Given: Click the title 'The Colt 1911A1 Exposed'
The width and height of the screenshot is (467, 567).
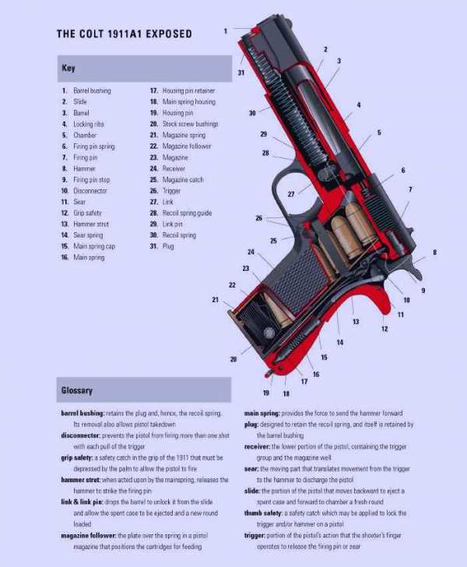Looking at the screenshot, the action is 124,33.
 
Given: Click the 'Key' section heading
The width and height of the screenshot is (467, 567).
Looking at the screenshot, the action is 68,68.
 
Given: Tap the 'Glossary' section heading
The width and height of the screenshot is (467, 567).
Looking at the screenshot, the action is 77,390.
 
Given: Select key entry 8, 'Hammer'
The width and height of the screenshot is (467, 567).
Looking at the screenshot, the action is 79,168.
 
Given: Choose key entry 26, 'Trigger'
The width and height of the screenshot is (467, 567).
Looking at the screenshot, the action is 165,191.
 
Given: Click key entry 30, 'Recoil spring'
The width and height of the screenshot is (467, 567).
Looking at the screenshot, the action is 173,235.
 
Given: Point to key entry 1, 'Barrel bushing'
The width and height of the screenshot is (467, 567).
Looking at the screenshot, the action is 86,90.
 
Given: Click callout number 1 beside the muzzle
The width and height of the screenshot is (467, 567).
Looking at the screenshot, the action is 226,31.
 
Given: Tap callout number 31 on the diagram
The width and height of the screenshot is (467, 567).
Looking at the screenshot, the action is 241,72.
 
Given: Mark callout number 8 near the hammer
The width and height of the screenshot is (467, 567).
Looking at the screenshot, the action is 434,252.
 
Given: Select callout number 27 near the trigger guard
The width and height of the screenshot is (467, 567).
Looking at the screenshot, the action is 291,194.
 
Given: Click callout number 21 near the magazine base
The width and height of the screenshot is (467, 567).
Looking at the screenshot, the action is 215,299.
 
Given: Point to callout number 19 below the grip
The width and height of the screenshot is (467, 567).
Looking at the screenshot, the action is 266,393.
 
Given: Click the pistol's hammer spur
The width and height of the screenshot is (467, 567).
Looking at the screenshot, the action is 416,269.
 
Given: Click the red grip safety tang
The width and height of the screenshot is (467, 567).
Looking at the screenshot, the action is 384,299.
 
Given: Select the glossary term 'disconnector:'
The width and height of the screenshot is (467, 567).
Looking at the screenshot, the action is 80,435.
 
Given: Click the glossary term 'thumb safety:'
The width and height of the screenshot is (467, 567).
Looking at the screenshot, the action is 263,513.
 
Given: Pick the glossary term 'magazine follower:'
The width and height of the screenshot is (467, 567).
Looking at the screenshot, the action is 88,536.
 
